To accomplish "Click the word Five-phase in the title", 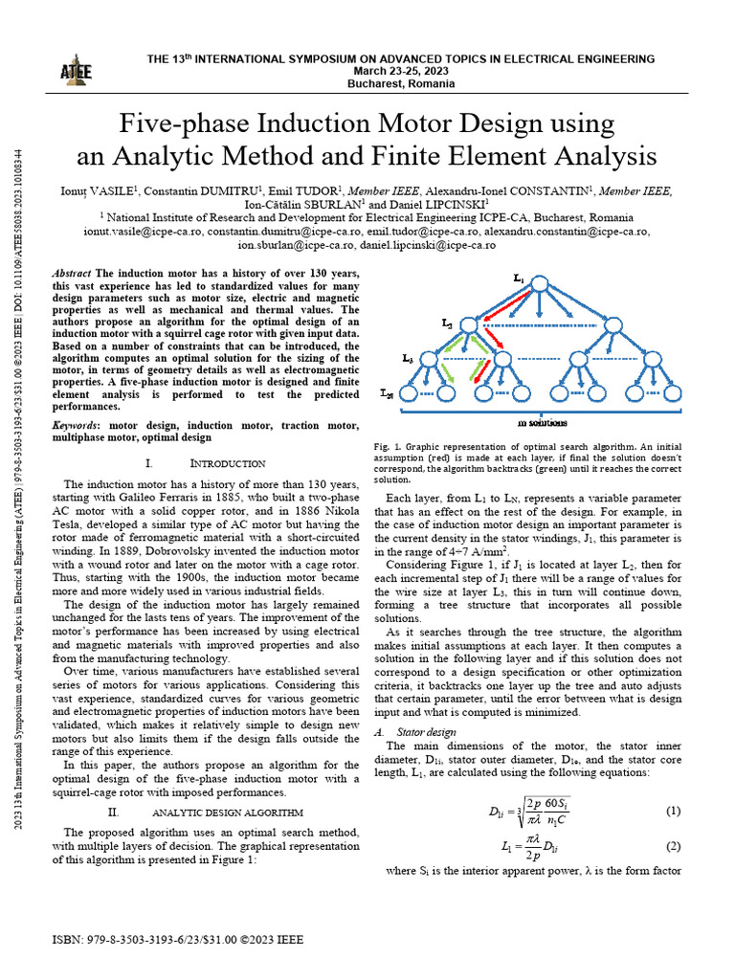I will tap(176, 124).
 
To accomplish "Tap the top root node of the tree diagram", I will tap(540, 284).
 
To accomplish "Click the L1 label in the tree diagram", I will tap(518, 278).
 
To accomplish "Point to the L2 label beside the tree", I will tap(448, 325).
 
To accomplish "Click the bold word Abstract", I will tap(74, 273).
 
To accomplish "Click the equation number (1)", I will tap(672, 811).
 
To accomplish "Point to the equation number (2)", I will tap(672, 846).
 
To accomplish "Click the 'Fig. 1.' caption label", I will tap(387, 446).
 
